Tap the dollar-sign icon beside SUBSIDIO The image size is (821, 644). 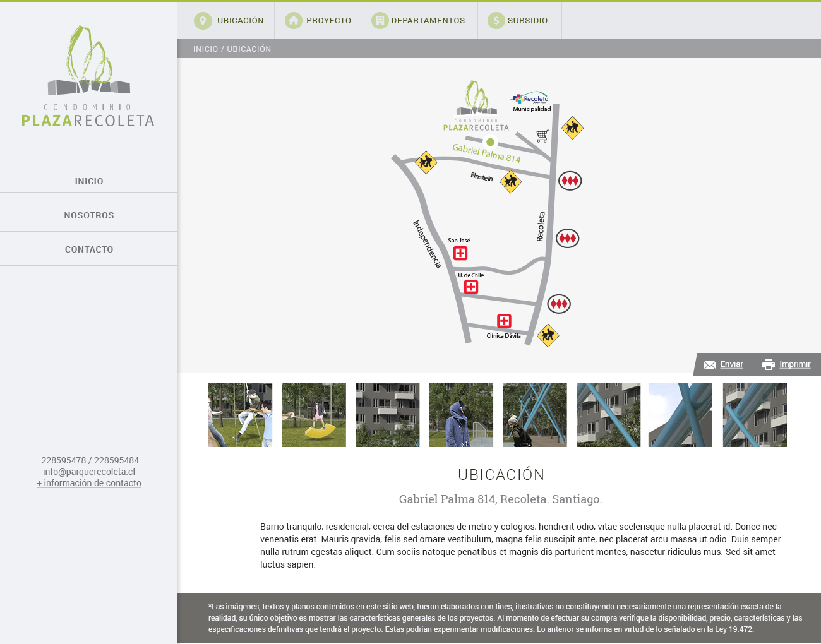[x=496, y=21]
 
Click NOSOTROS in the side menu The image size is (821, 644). [x=89, y=215]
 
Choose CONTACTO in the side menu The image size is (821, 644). [x=89, y=249]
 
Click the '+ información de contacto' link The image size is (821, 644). [x=89, y=483]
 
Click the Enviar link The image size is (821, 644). [x=731, y=364]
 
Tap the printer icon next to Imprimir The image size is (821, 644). [x=769, y=364]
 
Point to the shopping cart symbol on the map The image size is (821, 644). [x=542, y=135]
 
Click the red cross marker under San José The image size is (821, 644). [x=460, y=253]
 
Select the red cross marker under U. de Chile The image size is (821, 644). [x=471, y=287]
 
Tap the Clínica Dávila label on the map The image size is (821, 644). [x=503, y=336]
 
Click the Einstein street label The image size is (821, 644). [x=482, y=177]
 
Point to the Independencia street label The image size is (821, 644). [x=427, y=244]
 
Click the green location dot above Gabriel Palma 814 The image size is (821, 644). [x=490, y=142]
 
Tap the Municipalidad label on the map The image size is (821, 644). [x=532, y=109]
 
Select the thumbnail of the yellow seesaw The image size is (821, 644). [x=314, y=415]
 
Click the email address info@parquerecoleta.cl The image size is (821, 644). [x=89, y=472]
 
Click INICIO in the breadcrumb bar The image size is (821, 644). [x=205, y=49]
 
